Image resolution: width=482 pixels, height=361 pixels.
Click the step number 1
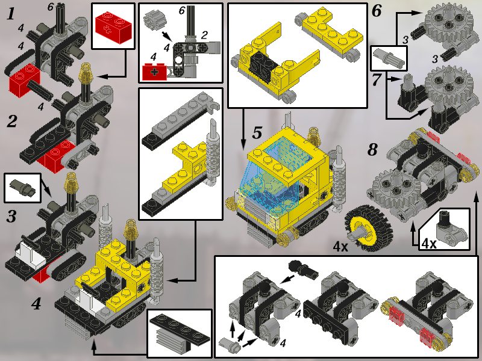pyautogui.click(x=11, y=14)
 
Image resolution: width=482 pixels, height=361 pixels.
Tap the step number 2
pyautogui.click(x=11, y=121)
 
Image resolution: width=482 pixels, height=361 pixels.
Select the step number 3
pyautogui.click(x=11, y=216)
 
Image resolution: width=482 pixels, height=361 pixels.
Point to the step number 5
pyautogui.click(x=257, y=132)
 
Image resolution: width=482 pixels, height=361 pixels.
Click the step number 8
pyautogui.click(x=372, y=150)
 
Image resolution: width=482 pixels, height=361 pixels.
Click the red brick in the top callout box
pyautogui.click(x=113, y=27)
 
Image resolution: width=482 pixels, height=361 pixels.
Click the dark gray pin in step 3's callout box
pyautogui.click(x=23, y=188)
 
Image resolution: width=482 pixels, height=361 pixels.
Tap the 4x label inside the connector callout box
pyautogui.click(x=429, y=244)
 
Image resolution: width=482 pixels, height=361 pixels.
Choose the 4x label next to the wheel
pyautogui.click(x=340, y=246)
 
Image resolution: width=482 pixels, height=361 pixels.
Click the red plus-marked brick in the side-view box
pyautogui.click(x=154, y=72)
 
